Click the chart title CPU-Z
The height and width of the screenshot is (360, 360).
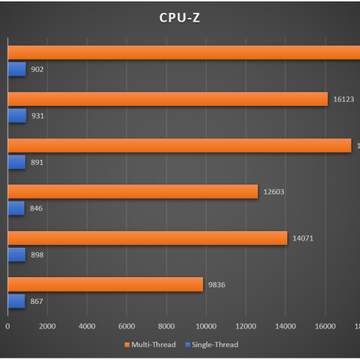pos(179,18)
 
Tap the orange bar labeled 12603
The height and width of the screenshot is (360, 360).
pos(132,192)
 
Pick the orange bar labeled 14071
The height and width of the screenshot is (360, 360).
pos(148,238)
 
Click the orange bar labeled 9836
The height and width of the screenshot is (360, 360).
pos(105,284)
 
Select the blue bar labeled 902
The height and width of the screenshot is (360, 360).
pos(17,69)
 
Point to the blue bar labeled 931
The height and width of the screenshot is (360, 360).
pos(17,115)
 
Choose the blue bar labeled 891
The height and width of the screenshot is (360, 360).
pos(17,161)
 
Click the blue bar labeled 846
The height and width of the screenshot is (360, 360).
pos(16,207)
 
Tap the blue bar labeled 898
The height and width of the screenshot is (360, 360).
pos(17,253)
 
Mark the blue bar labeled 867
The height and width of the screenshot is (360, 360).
pos(16,300)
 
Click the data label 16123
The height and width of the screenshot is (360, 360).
pos(343,99)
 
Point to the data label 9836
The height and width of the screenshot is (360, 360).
pos(217,284)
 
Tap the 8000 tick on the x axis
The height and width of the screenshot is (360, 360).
pos(166,326)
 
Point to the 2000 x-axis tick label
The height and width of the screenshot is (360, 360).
pos(47,326)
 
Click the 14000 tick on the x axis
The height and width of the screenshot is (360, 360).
pos(286,326)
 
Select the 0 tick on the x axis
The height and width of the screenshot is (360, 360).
pos(8,326)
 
